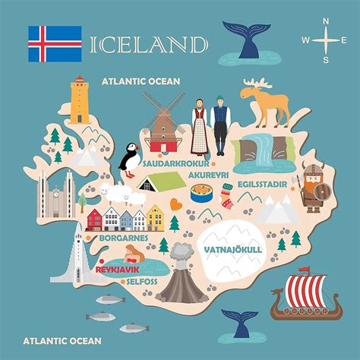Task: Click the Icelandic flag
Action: coord(55,43)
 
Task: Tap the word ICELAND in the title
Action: coord(149,44)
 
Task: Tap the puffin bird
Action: coord(128,159)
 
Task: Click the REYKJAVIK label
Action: coord(116,269)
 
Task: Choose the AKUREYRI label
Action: coord(206,173)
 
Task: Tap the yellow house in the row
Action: coord(155,218)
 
